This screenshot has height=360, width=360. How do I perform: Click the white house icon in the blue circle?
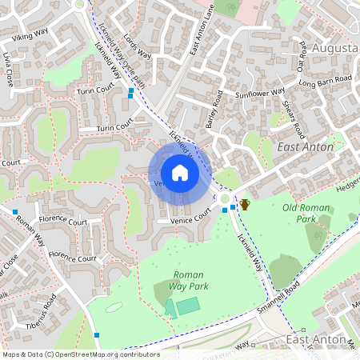[x=180, y=173]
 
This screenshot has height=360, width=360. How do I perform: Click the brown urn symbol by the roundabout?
[x=245, y=205]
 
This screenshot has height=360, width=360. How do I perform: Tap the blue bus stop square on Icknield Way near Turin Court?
[x=130, y=92]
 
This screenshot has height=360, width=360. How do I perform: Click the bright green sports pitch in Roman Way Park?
[x=189, y=306]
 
